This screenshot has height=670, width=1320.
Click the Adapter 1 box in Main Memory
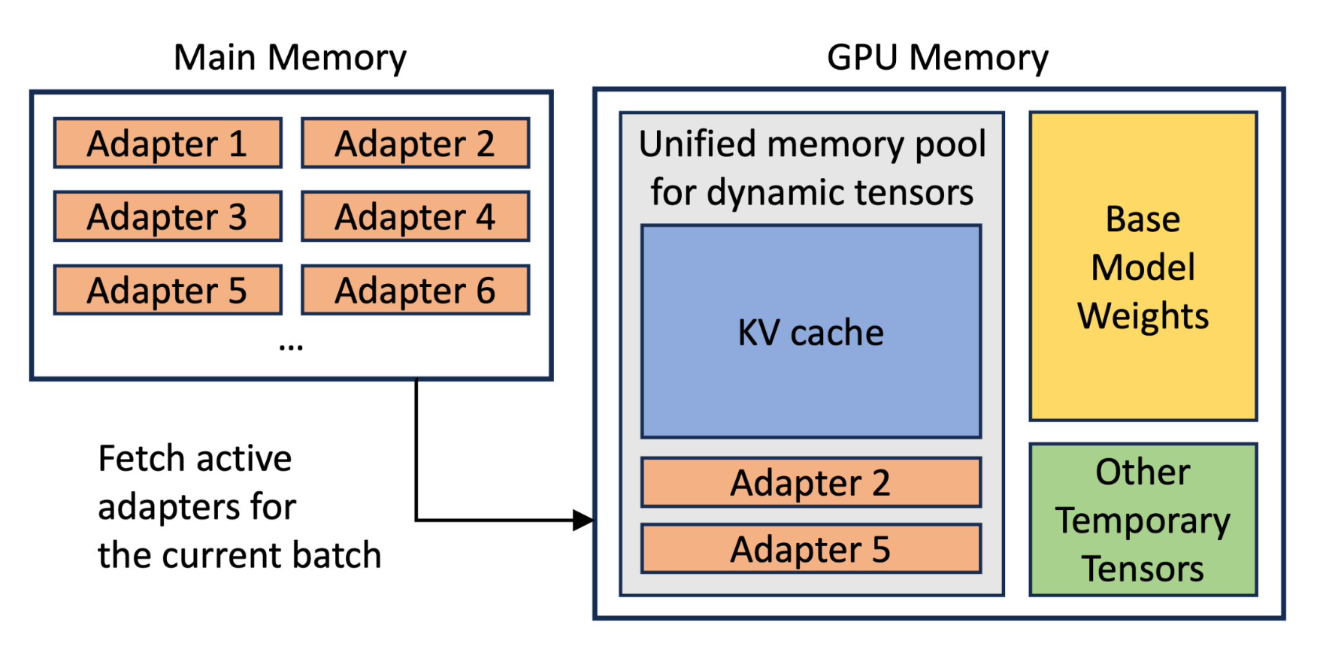[x=168, y=143]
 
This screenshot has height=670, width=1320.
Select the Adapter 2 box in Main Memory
[x=415, y=143]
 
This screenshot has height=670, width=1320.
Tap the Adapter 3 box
[x=168, y=216]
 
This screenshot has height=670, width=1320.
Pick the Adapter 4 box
[x=415, y=216]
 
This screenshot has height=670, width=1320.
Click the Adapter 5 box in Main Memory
[x=168, y=290]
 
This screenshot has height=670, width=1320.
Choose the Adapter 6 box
[x=415, y=290]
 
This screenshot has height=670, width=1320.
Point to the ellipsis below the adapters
[x=291, y=347]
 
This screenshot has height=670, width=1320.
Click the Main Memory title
[x=290, y=57]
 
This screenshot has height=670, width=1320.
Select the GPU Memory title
[x=937, y=57]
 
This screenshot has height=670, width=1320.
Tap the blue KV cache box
[x=811, y=332]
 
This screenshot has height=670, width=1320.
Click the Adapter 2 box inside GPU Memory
[x=811, y=482]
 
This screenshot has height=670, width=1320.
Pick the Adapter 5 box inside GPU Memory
[x=811, y=548]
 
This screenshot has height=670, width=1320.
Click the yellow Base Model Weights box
[x=1143, y=267]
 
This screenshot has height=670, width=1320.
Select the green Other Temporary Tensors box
[x=1143, y=520]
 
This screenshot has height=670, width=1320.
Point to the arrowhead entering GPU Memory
[x=583, y=520]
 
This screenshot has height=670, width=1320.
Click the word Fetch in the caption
[x=141, y=458]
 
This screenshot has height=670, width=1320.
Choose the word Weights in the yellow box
[x=1143, y=315]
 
